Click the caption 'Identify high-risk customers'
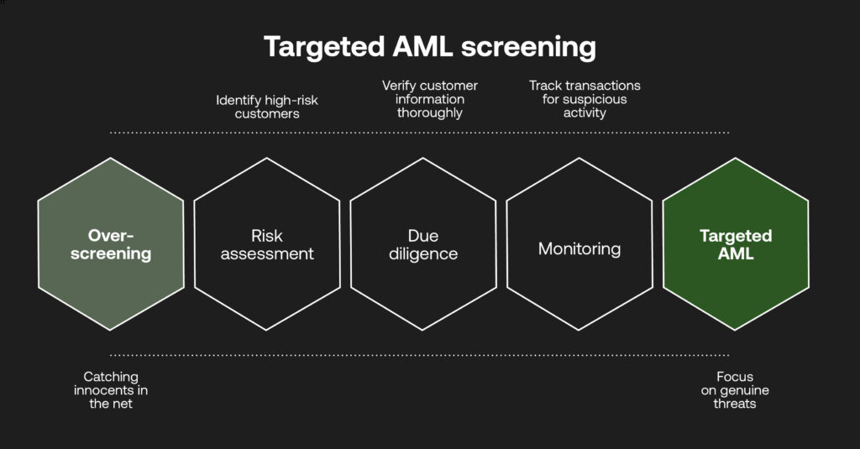[x=267, y=107]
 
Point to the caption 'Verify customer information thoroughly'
[x=429, y=99]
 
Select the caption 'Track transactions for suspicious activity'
[x=585, y=99]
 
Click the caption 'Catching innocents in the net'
[x=111, y=390]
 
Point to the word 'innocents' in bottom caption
[x=111, y=390]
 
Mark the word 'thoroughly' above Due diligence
[x=429, y=112]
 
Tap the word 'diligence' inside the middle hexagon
[x=423, y=253]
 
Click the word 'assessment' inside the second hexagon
[x=267, y=253]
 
